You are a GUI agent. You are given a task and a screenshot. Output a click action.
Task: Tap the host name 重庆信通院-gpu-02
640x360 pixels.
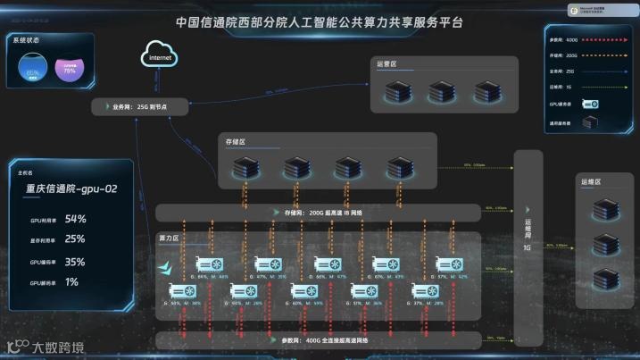(72, 189)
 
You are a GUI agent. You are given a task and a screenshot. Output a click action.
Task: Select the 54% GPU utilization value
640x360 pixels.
(76, 219)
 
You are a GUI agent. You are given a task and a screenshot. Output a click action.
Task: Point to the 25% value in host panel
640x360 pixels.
(75, 239)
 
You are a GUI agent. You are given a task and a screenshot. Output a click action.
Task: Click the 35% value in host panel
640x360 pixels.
(75, 262)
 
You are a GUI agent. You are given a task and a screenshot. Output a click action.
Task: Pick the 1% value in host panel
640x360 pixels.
(71, 282)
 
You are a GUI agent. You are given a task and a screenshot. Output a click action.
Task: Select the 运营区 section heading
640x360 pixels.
(386, 64)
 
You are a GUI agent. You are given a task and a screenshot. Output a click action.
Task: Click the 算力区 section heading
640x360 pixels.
(169, 239)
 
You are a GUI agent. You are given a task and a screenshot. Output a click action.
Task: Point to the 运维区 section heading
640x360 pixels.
(591, 182)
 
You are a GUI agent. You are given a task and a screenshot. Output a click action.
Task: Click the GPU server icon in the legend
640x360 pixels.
(590, 104)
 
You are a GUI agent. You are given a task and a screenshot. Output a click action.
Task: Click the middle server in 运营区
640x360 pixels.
(442, 91)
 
